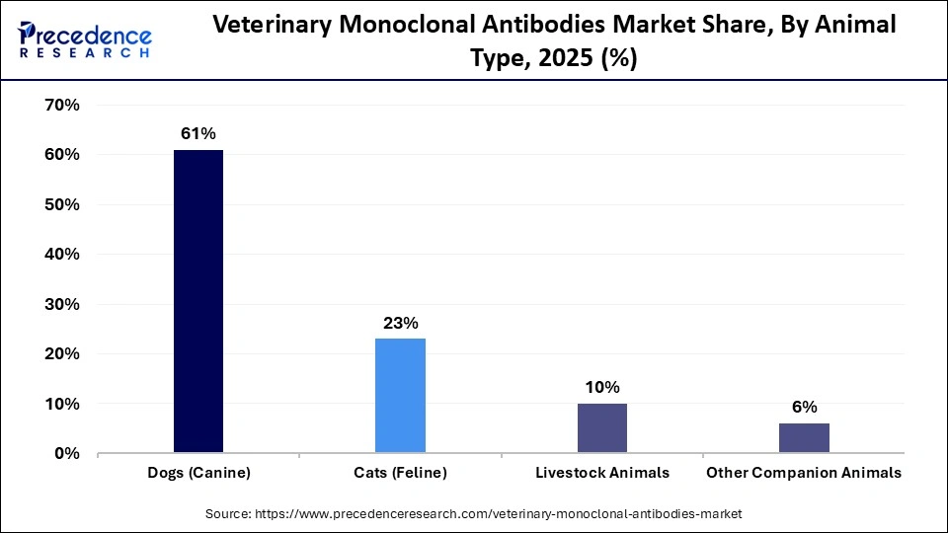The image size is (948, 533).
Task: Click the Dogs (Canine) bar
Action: click(198, 301)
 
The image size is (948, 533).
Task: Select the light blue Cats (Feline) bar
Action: click(400, 396)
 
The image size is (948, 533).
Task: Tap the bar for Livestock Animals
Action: click(601, 427)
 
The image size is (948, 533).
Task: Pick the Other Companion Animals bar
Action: click(804, 437)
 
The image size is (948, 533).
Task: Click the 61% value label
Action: click(197, 133)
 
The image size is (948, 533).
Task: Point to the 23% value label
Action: click(401, 323)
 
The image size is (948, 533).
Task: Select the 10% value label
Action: click(601, 387)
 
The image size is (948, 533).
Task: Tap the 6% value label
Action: click(804, 407)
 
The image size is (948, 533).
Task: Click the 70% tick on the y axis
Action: click(61, 105)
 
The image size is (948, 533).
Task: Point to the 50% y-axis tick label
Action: click(61, 204)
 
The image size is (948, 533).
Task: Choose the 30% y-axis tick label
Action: click(61, 304)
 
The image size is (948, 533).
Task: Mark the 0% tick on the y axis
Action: click(66, 453)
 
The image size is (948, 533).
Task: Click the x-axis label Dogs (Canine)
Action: click(198, 473)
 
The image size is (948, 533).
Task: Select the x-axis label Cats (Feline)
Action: click(400, 473)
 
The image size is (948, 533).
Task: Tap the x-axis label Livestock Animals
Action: click(601, 473)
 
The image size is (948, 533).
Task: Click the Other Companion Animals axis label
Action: click(804, 473)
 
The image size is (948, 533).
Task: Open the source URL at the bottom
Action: click(474, 514)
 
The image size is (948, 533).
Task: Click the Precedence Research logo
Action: click(84, 40)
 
